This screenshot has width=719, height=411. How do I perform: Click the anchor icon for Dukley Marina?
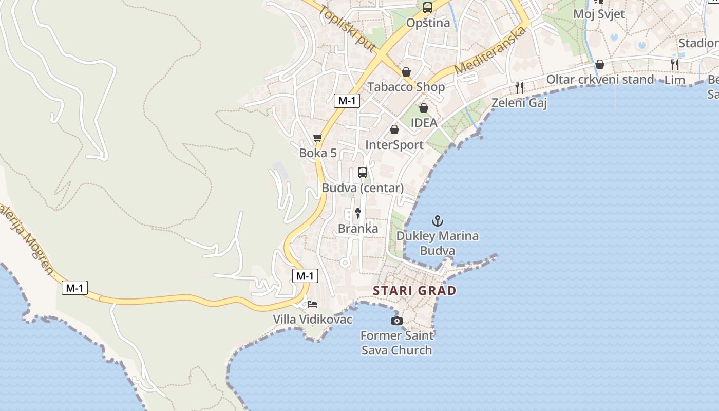[x=437, y=221]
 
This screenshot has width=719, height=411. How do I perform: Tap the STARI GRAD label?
[x=414, y=291]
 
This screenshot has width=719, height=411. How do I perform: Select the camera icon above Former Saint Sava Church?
[x=396, y=321]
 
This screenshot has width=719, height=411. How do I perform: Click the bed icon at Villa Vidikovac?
[x=312, y=304]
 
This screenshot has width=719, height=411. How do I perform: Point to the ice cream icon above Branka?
[x=358, y=213]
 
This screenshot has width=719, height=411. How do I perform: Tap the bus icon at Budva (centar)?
[x=363, y=173]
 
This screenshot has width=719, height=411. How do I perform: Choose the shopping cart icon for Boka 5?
[x=318, y=138]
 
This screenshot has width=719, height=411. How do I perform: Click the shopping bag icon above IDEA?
[x=424, y=108]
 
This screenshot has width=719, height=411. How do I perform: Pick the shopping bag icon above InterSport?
[x=394, y=129]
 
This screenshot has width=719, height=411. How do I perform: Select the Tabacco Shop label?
[x=406, y=87]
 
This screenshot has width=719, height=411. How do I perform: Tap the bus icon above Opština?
[x=428, y=8]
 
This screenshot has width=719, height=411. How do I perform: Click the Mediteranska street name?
[x=490, y=50]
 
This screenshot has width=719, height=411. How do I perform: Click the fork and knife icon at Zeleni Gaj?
[x=519, y=88]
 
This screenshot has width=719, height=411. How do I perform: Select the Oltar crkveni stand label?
[x=600, y=80]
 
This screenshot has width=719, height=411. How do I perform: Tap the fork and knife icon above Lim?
[x=675, y=65]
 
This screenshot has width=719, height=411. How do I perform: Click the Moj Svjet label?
[x=599, y=14]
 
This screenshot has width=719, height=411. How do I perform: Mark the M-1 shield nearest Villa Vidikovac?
[x=305, y=276]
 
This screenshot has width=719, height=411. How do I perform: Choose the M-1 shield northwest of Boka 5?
[x=347, y=101]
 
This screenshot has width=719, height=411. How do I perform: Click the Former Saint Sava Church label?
[x=396, y=343]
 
